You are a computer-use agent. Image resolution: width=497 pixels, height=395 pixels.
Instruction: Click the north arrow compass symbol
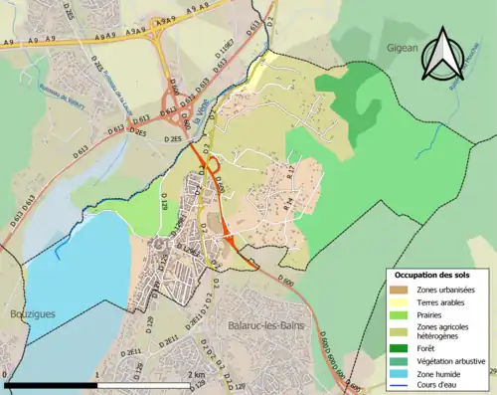(443, 57)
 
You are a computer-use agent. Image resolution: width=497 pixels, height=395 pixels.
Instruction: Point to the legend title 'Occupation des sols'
(431, 274)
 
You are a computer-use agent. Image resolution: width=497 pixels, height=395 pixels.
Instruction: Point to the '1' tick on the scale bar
(96, 374)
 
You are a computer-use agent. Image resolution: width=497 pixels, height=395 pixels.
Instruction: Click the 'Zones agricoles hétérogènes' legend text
(444, 331)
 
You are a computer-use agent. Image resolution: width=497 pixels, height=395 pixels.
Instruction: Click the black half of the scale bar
(51, 384)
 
